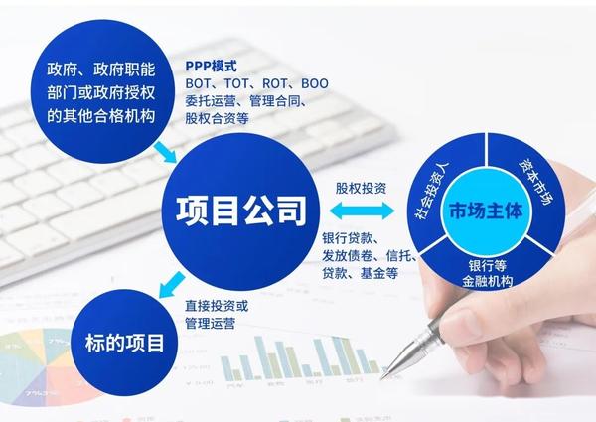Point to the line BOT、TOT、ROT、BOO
(256, 83)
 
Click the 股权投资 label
(362, 188)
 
